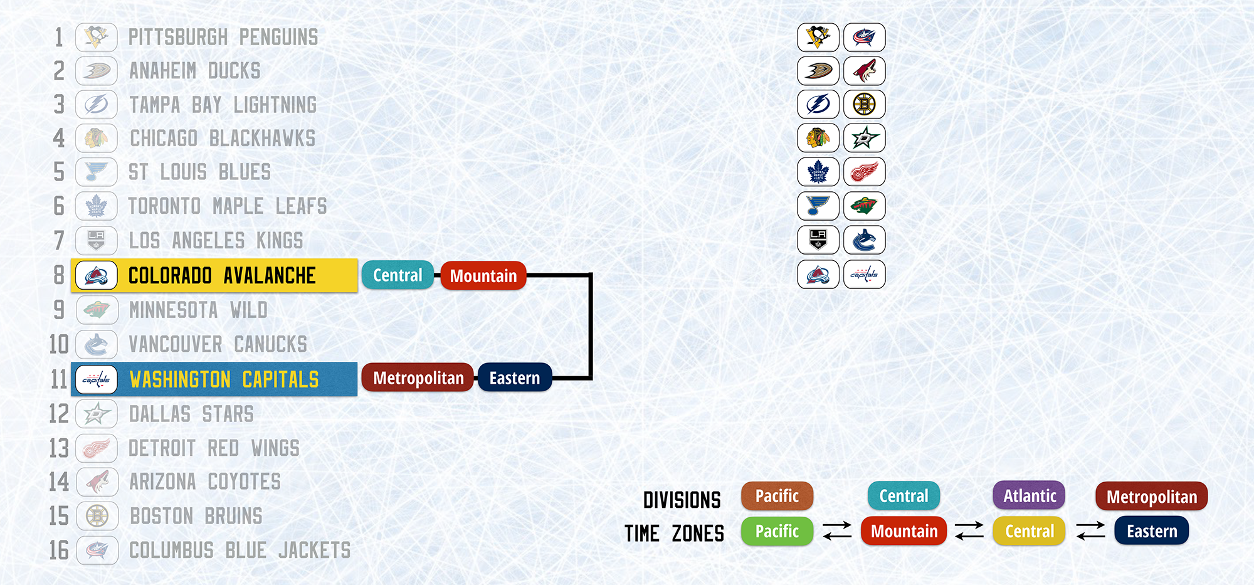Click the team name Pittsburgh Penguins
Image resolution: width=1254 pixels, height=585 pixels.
tap(223, 38)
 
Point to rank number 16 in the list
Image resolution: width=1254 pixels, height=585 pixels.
tap(59, 551)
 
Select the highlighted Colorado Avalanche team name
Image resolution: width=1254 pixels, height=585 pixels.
tap(222, 276)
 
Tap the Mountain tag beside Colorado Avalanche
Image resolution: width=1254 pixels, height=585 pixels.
tap(483, 276)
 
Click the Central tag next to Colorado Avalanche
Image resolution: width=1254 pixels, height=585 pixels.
tap(398, 275)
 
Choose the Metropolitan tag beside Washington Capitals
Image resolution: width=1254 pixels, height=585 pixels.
tap(418, 377)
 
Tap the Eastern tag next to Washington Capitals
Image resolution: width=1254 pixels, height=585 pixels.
tap(515, 377)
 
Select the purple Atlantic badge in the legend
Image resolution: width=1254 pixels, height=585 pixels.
tap(1030, 496)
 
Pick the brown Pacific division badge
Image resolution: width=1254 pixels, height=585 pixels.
tap(777, 496)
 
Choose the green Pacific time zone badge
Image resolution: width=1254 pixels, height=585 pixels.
tap(777, 531)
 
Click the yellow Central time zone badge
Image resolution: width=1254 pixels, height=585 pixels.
tap(1030, 531)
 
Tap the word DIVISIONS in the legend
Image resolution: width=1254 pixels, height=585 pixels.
tap(682, 500)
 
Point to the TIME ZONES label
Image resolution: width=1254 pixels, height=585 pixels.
tap(674, 534)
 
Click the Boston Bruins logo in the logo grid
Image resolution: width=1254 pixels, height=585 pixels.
tap(865, 104)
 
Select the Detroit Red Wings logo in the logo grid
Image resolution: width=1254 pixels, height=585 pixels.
tap(865, 172)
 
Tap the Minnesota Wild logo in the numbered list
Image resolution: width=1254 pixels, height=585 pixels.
tap(97, 310)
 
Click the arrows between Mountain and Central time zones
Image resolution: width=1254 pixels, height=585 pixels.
tap(969, 530)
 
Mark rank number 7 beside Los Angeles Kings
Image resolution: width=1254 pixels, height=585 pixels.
tap(59, 240)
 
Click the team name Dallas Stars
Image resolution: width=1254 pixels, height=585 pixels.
tap(191, 414)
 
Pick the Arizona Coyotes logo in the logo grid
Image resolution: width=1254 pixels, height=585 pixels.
tap(865, 70)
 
